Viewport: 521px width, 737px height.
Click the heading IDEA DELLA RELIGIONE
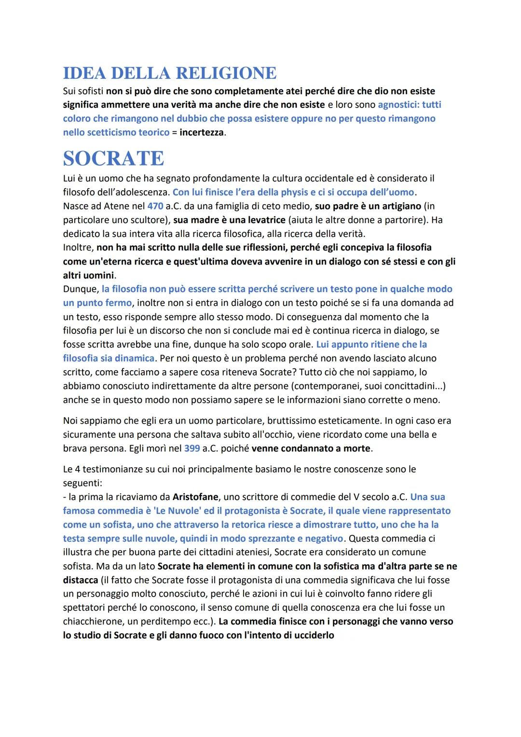[x=170, y=73]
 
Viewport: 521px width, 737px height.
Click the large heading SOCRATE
[x=113, y=158]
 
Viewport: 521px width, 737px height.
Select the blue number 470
[x=155, y=206]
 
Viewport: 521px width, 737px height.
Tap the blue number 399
[x=192, y=448]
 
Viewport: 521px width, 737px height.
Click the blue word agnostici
[x=398, y=105]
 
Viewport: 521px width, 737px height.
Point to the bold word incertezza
[x=201, y=132]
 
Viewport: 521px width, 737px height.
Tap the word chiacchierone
[x=96, y=622]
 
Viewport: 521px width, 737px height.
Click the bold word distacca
[x=81, y=580]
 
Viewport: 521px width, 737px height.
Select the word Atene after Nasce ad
[x=116, y=206]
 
